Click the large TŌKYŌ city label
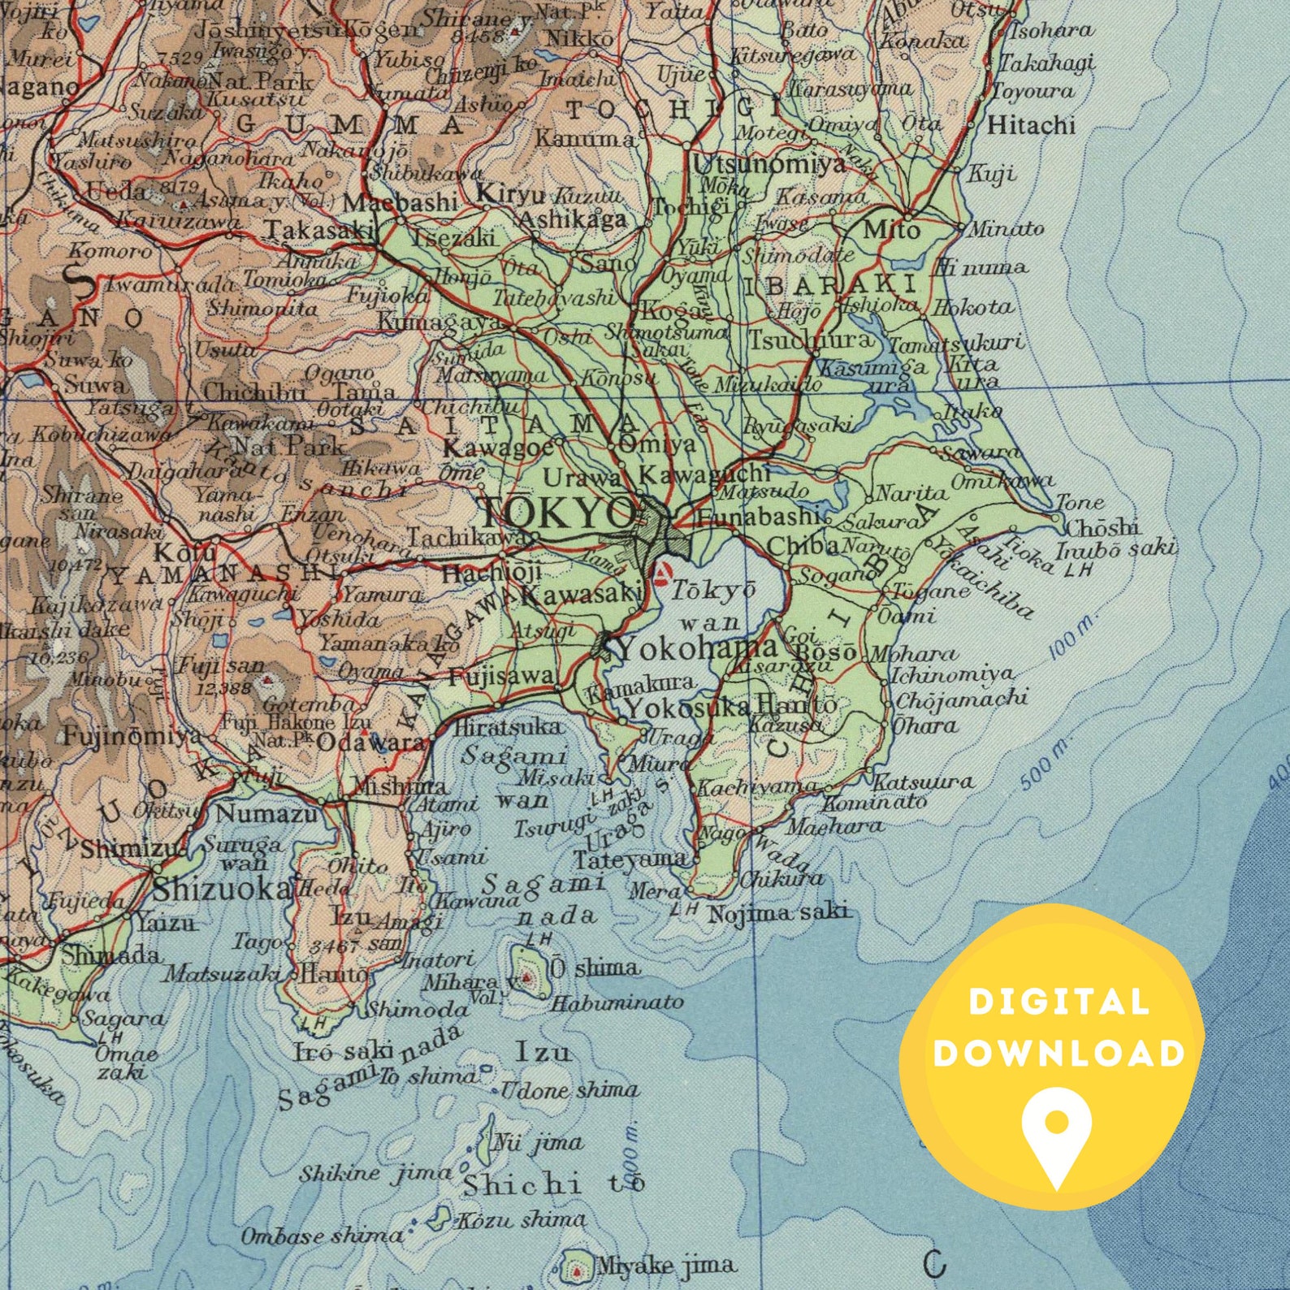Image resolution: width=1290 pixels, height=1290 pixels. pos(557,513)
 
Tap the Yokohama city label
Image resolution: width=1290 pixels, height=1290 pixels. pos(697,648)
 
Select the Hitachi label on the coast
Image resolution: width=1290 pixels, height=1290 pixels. pos(1031,125)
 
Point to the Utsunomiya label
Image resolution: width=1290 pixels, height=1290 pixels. pos(768,165)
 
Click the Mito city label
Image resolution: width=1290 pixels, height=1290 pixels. pos(891,230)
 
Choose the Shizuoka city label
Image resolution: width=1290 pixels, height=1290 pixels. pos(222,889)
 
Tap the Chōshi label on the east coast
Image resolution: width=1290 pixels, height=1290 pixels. pos(1102,527)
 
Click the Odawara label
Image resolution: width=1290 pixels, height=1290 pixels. pos(370,742)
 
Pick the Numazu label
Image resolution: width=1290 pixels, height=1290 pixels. pos(267,812)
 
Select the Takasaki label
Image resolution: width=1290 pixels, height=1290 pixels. pos(319,230)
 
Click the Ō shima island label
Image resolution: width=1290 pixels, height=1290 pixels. pos(594,967)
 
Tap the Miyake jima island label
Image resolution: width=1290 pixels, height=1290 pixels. pos(666,1265)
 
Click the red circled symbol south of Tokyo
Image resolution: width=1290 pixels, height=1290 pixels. pos(664,574)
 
